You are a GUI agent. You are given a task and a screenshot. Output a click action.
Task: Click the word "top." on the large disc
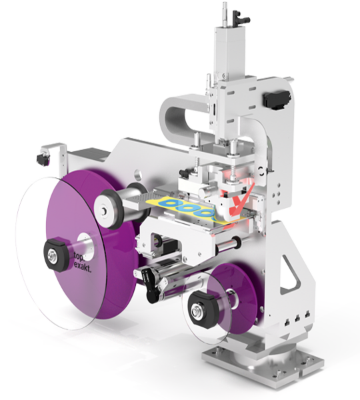pyautogui.click(x=79, y=256)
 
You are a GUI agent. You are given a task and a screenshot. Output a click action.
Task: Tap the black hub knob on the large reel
pyautogui.click(x=57, y=255)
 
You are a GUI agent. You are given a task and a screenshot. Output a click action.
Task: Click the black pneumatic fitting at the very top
pyautogui.click(x=241, y=18)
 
